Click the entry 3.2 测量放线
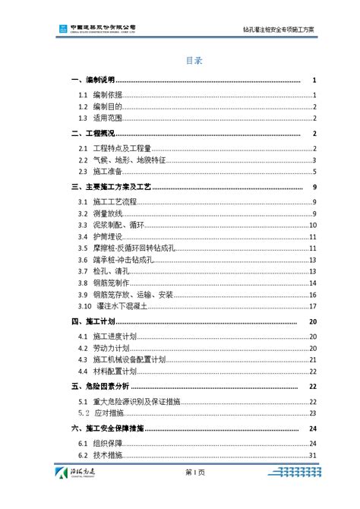coord(111,213)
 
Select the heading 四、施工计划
coord(92,321)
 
